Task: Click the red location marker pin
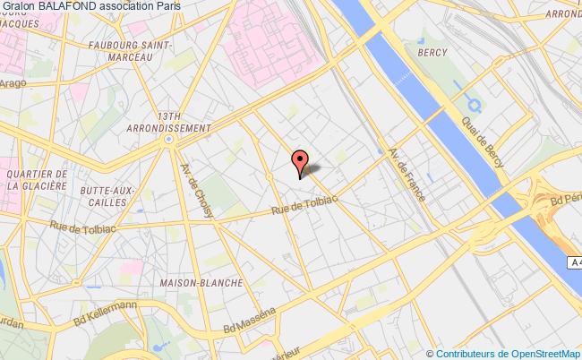pyautogui.click(x=299, y=161)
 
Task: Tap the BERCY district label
pyautogui.click(x=432, y=53)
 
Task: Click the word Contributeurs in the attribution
pyautogui.click(x=466, y=353)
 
